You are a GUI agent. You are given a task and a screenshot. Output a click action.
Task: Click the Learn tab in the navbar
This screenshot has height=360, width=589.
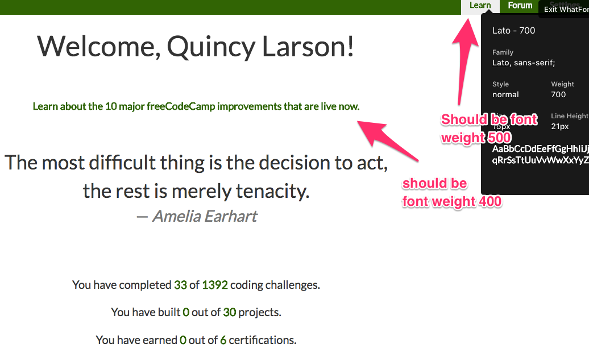[480, 6]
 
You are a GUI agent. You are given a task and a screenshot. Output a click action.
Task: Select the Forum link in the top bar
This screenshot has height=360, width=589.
[520, 6]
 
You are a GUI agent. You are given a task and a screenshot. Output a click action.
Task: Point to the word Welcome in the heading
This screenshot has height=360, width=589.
[95, 46]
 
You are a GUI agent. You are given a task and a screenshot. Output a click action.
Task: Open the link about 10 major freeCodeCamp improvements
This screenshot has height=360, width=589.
[196, 106]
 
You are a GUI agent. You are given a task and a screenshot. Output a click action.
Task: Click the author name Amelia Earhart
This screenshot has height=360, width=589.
[204, 216]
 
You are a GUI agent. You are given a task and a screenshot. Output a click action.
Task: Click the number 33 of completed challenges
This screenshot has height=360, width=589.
[180, 285]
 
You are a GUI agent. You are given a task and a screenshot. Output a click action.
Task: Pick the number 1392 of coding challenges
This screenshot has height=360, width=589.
[214, 285]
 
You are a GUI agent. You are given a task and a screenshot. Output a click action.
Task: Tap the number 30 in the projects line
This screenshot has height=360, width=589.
[229, 312]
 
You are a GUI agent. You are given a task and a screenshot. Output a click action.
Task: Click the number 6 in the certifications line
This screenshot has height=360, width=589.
[223, 340]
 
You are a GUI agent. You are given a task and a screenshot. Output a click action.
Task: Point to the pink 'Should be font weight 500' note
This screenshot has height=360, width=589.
[489, 129]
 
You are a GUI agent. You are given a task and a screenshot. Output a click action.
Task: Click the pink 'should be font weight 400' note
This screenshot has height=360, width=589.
[451, 192]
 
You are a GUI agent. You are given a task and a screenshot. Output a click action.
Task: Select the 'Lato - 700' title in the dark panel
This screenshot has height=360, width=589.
[513, 31]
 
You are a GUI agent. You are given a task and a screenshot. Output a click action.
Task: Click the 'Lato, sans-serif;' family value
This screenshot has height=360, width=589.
[523, 63]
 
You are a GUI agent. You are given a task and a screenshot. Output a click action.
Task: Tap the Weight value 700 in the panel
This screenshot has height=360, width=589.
[558, 94]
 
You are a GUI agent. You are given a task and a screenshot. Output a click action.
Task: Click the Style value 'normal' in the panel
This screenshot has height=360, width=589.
[505, 94]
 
